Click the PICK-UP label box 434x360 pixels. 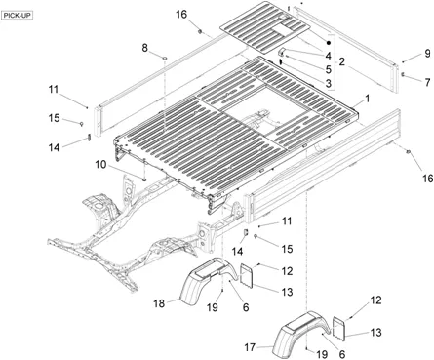(18, 16)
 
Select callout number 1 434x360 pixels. (368, 99)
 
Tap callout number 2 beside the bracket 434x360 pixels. (342, 61)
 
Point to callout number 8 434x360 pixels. (144, 48)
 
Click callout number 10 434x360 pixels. (100, 165)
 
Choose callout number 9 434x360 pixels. (427, 53)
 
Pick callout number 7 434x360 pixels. (427, 82)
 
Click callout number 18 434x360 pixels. (159, 303)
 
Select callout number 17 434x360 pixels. (250, 347)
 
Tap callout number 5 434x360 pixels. (329, 69)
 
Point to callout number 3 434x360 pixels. (329, 83)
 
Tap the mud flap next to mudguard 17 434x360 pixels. (339, 329)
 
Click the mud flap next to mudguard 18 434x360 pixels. (247, 276)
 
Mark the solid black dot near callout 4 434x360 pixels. (329, 43)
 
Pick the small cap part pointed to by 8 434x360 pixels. (165, 58)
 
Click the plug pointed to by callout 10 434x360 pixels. (144, 179)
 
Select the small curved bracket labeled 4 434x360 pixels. (282, 52)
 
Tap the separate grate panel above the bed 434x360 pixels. (264, 26)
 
